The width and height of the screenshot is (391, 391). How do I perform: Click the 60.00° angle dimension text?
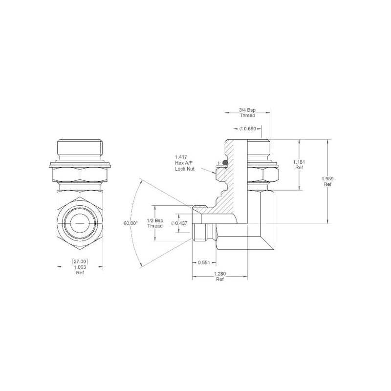click(x=130, y=223)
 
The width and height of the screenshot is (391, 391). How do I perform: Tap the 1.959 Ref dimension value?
click(x=327, y=181)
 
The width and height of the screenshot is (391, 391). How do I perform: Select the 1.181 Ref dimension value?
click(x=299, y=165)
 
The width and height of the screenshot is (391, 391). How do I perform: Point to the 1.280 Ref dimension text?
click(x=219, y=277)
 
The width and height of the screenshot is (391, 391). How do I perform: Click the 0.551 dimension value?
click(x=204, y=262)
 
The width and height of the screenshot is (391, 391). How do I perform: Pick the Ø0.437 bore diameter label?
click(x=179, y=223)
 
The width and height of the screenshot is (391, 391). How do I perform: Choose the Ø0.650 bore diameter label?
click(x=248, y=129)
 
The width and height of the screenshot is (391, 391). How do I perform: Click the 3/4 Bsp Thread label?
click(x=247, y=113)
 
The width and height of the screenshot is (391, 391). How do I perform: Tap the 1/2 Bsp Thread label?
click(x=155, y=223)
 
